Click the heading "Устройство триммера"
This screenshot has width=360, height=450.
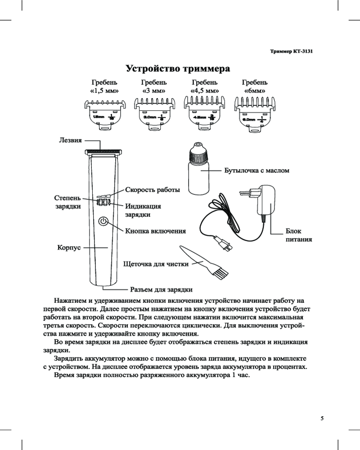click(178, 69)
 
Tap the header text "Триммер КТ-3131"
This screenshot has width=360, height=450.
click(291, 52)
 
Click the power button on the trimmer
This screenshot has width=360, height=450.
click(103, 221)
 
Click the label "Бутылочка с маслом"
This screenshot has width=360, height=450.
click(256, 171)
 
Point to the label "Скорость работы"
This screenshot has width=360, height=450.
click(153, 190)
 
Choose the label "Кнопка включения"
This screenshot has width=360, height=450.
click(155, 231)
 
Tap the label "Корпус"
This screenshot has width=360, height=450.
click(68, 247)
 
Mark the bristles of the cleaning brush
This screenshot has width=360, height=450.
click(220, 272)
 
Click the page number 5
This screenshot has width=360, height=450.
click(322, 418)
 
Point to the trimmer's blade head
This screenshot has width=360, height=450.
click(104, 149)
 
